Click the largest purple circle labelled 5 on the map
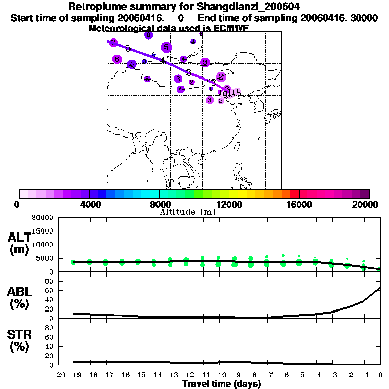click(166, 48)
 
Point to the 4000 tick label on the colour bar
click(89, 204)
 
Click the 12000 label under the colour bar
click(229, 204)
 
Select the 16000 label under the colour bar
click(299, 204)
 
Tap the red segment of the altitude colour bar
click(294, 193)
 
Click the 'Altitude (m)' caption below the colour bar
click(187, 212)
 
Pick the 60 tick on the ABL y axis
click(50, 291)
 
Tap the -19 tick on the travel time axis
click(74, 375)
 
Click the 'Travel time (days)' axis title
click(221, 384)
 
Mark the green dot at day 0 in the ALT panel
click(379, 269)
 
